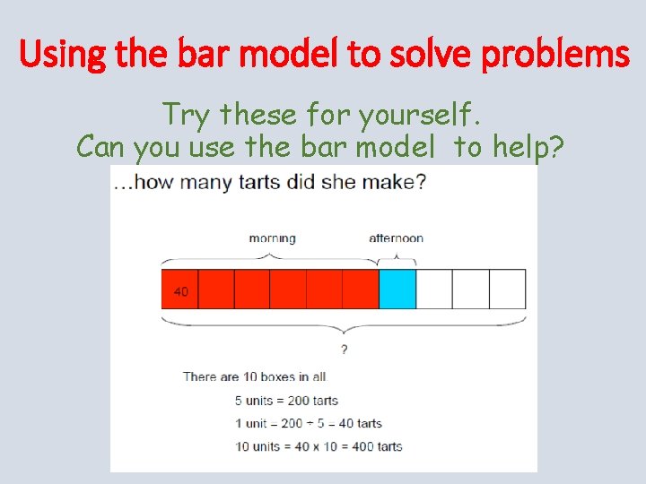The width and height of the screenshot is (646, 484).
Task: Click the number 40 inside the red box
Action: [x=180, y=292]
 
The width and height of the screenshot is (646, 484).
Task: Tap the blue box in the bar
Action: [x=397, y=290]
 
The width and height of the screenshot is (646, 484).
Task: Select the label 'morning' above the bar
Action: [x=272, y=238]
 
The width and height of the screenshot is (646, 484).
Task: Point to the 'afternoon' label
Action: [x=397, y=238]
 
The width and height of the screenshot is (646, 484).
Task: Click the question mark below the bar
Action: [x=344, y=349]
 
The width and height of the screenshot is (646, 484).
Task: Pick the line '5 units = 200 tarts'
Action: [x=286, y=400]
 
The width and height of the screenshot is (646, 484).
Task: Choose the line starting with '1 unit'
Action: [x=308, y=423]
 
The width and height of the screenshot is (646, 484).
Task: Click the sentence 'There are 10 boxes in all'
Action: [x=255, y=376]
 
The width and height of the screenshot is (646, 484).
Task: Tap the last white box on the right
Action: [x=508, y=290]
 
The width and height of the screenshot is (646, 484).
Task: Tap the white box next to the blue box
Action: [x=434, y=290]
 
